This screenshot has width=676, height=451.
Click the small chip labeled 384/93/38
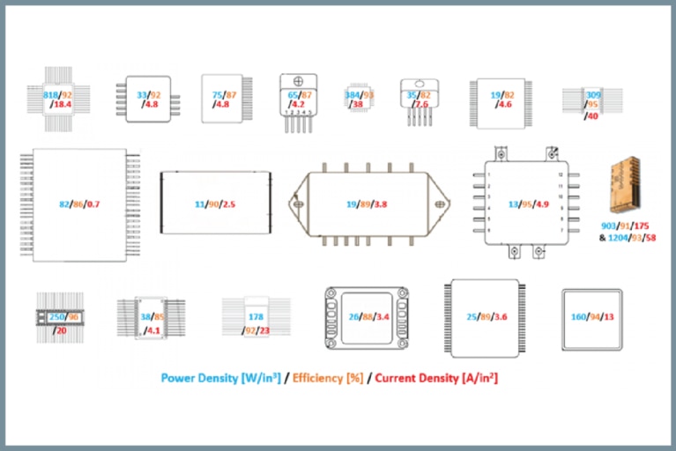358,98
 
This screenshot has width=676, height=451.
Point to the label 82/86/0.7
79,204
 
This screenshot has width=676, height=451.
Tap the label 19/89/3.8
367,204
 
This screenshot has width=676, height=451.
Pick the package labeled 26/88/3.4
367,316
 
